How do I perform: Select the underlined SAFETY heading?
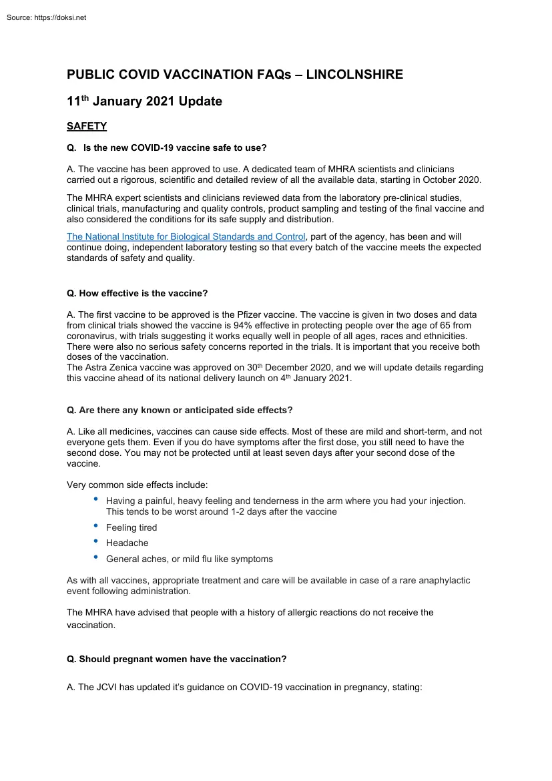(x=87, y=125)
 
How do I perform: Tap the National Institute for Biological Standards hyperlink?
(x=186, y=237)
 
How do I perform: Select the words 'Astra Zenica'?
(x=112, y=368)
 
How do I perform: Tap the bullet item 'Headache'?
(x=127, y=543)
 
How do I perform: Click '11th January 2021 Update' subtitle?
(x=144, y=102)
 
